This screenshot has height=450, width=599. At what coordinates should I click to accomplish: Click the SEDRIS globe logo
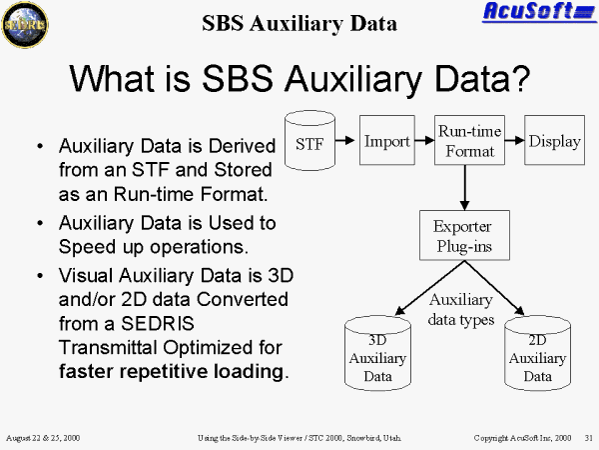[25, 24]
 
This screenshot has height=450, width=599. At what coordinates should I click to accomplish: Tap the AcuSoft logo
[539, 11]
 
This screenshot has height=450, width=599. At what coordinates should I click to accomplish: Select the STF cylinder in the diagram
[309, 140]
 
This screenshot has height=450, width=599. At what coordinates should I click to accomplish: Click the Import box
[387, 140]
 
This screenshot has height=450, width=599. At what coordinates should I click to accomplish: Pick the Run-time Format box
[469, 140]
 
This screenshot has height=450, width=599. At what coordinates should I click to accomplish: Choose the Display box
[554, 140]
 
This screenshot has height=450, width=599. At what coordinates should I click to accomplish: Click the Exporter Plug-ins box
[464, 235]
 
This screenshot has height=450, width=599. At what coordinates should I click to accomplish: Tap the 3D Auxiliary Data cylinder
[377, 353]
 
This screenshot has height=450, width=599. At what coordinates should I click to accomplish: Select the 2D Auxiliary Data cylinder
[537, 353]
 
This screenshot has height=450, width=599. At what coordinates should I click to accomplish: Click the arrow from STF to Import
[345, 140]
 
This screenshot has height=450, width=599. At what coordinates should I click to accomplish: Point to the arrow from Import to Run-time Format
[424, 140]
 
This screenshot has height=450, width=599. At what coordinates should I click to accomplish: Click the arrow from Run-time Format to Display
[514, 140]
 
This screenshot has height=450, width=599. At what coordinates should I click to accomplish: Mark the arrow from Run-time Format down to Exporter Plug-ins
[464, 188]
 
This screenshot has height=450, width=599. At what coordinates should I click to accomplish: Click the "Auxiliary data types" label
[461, 309]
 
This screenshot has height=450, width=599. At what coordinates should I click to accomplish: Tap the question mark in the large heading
[521, 78]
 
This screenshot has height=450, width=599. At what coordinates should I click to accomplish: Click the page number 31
[589, 438]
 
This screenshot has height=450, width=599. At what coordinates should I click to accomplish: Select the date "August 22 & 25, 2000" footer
[43, 438]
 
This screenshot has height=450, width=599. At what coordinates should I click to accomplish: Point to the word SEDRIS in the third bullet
[158, 323]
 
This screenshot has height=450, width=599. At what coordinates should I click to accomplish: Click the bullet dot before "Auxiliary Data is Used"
[40, 223]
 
